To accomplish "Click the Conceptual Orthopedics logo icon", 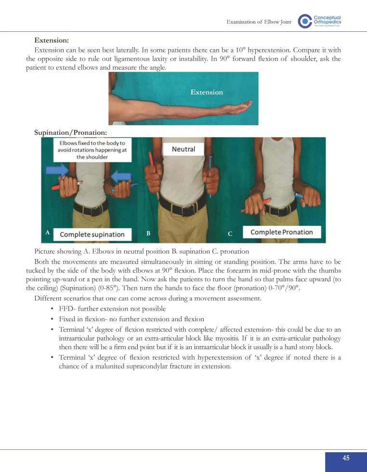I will (x=305, y=21).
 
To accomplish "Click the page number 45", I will (x=346, y=458).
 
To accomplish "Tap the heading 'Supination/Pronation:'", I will (x=70, y=131).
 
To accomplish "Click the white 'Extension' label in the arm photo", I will (x=207, y=92).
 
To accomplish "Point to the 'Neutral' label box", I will (x=183, y=149).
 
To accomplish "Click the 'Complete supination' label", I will (x=92, y=235).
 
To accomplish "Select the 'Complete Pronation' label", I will (x=282, y=232).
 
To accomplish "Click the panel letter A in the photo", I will (x=47, y=232).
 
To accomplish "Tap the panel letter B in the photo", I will (x=148, y=234).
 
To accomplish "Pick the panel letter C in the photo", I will (x=230, y=234).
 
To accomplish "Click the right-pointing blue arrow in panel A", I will (x=57, y=170).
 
